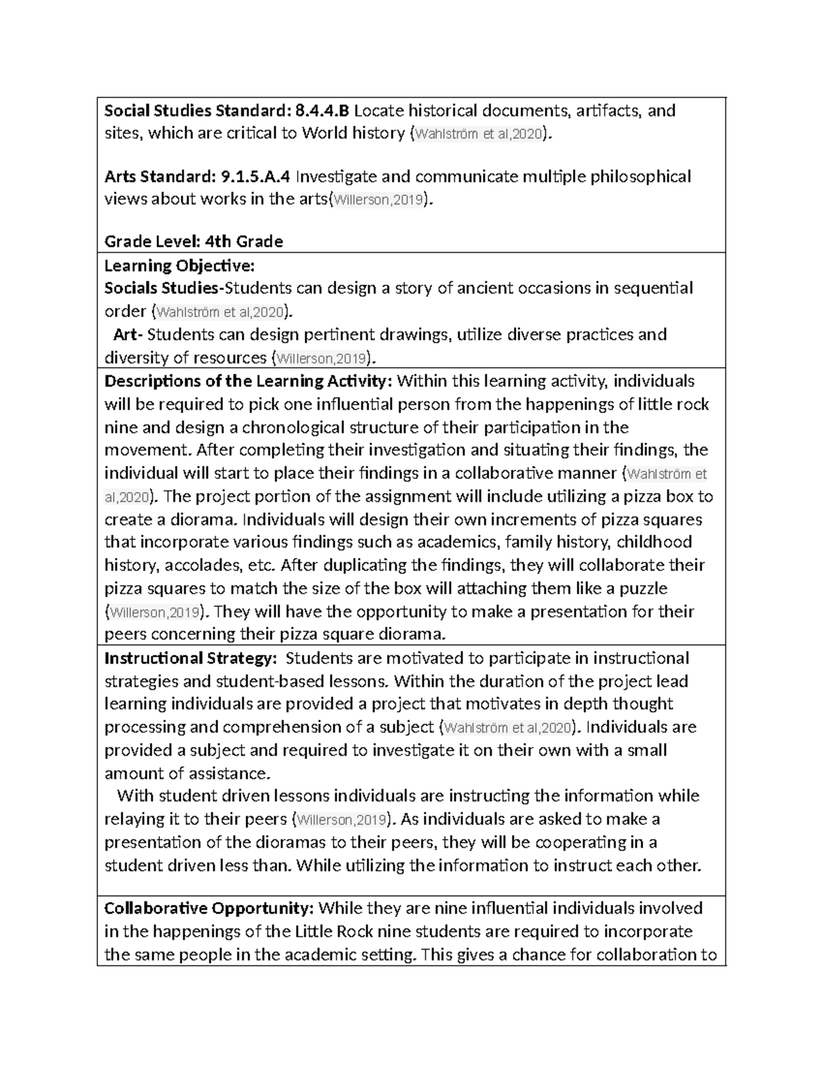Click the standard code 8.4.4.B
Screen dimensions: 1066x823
(322, 111)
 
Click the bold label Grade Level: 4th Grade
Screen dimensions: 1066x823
(193, 241)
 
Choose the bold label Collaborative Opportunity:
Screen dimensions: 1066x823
(209, 908)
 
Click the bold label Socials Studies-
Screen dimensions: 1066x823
(165, 288)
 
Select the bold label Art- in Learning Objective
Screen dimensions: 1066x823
(128, 334)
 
